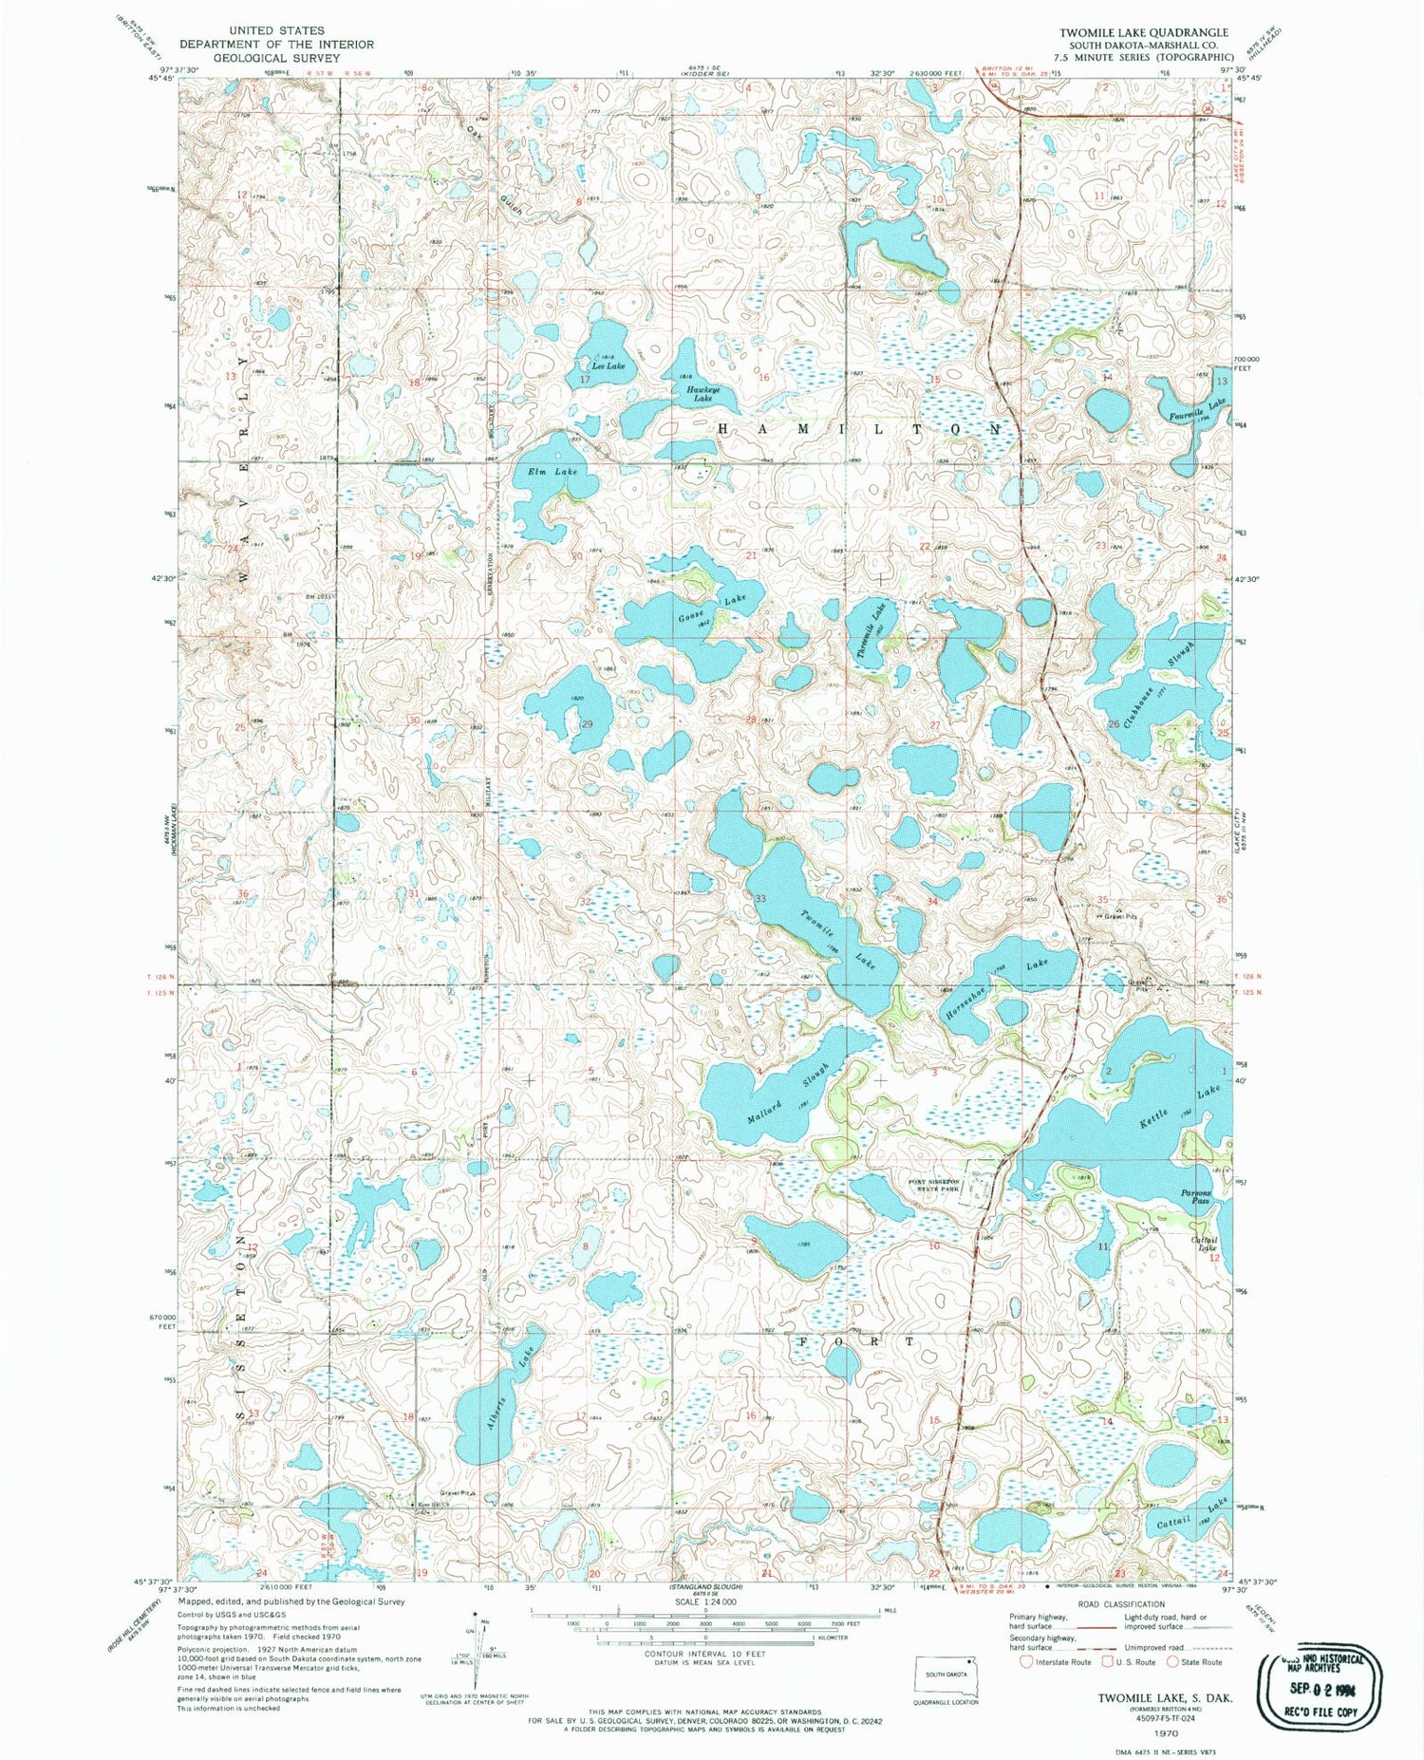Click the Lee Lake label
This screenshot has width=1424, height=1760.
click(x=609, y=365)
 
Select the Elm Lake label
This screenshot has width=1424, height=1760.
click(x=553, y=471)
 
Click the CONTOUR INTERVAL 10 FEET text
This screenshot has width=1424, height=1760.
click(x=704, y=1653)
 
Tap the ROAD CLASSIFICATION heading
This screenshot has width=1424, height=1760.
click(x=1120, y=1604)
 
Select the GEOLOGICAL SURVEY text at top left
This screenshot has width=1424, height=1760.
click(x=276, y=58)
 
